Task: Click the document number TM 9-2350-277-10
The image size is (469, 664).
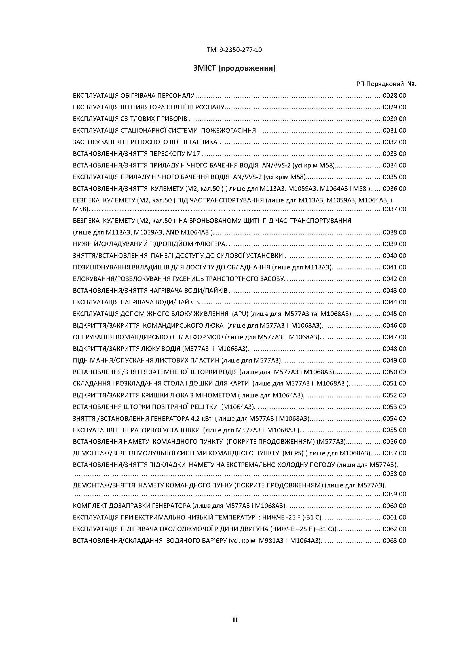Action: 234,50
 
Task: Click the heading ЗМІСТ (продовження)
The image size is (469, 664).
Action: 234,68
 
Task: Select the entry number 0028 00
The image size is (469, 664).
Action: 394,95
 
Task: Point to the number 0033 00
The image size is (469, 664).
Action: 394,154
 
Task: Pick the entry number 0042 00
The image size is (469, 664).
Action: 394,279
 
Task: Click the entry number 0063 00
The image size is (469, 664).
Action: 394,541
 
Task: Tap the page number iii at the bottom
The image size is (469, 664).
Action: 235,619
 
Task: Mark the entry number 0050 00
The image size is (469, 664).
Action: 394,372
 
